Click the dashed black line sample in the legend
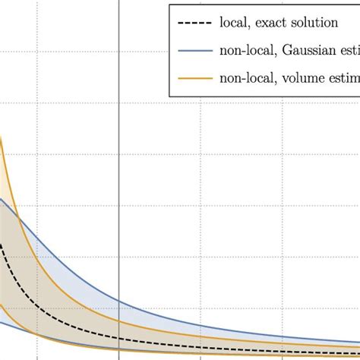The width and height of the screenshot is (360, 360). click(194, 24)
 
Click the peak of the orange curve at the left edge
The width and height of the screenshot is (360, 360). click(1, 137)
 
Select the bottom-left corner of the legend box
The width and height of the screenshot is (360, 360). click(169, 96)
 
